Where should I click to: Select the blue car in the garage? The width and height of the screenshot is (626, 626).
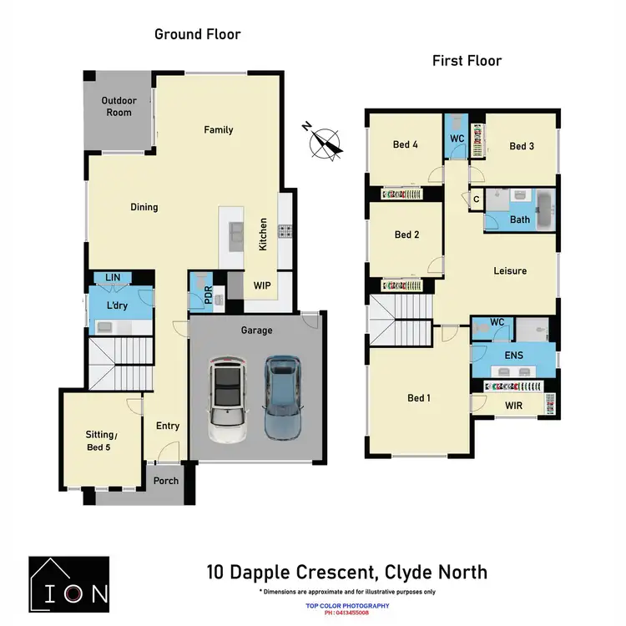click(x=282, y=397)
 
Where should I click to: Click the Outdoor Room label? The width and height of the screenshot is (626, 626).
click(x=119, y=107)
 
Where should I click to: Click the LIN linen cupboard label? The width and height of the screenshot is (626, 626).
click(x=111, y=278)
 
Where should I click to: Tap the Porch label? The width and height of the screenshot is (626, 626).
click(x=166, y=480)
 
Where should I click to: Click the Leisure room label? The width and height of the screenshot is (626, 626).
click(x=510, y=270)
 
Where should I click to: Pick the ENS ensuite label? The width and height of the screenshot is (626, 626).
click(x=514, y=355)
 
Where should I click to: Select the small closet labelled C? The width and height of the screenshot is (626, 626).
click(x=476, y=199)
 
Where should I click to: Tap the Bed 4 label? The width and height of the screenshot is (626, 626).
click(x=406, y=144)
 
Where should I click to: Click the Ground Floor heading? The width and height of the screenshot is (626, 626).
click(x=198, y=34)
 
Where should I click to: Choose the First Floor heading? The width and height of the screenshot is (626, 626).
click(x=467, y=61)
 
